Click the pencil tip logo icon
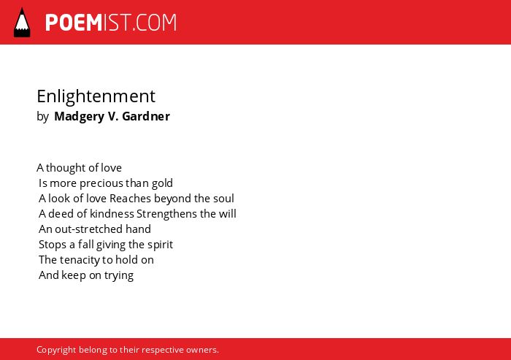pos(22,23)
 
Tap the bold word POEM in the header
pos(74,23)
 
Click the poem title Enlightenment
pos(96,97)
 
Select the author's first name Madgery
pos(79,117)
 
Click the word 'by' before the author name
pos(42,117)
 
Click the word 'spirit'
pos(160,245)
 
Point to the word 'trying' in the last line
pos(119,275)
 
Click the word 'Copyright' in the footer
pos(56,350)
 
